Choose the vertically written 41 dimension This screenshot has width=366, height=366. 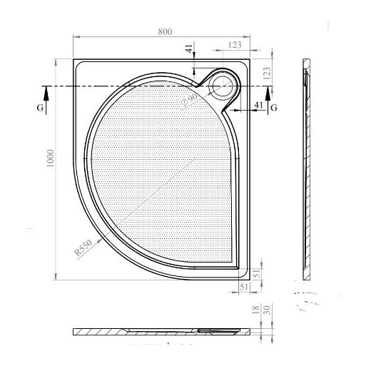click(x=188, y=50)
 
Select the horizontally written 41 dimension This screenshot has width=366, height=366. click(x=259, y=105)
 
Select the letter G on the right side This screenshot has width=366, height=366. click(x=274, y=107)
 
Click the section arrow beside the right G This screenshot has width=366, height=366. click(x=268, y=93)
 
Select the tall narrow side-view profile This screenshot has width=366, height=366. click(x=307, y=171)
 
